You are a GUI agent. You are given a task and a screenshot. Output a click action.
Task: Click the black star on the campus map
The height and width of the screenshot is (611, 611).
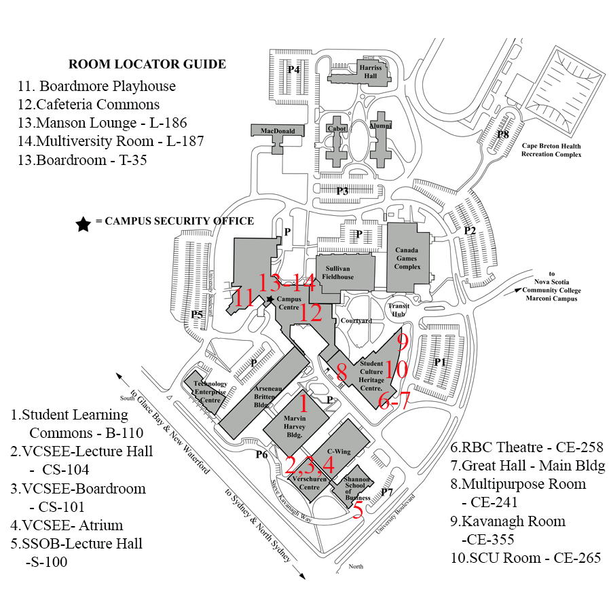[x=270, y=299]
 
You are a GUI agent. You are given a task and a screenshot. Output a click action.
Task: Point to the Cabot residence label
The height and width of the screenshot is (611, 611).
[x=337, y=128]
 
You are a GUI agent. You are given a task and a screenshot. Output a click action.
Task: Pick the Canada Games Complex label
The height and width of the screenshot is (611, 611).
[x=407, y=258]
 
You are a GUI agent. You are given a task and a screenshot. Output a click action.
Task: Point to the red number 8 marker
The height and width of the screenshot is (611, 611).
[x=341, y=371]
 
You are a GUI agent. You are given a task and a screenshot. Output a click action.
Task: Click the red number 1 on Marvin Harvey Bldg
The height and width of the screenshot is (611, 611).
[x=303, y=405]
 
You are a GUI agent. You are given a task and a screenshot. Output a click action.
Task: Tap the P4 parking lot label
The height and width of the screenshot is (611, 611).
[x=293, y=69]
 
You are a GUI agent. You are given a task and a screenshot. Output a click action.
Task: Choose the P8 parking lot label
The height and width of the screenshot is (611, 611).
[x=502, y=134]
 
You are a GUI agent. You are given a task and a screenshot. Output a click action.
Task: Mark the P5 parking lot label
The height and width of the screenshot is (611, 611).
[x=197, y=314]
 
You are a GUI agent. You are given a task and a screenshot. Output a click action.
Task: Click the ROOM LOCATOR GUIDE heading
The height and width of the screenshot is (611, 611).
[x=147, y=64]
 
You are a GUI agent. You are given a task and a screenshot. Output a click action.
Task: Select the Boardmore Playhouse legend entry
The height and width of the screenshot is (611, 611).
[x=96, y=86]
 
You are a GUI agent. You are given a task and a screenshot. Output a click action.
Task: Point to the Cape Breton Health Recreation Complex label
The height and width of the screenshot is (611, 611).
[x=551, y=150]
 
